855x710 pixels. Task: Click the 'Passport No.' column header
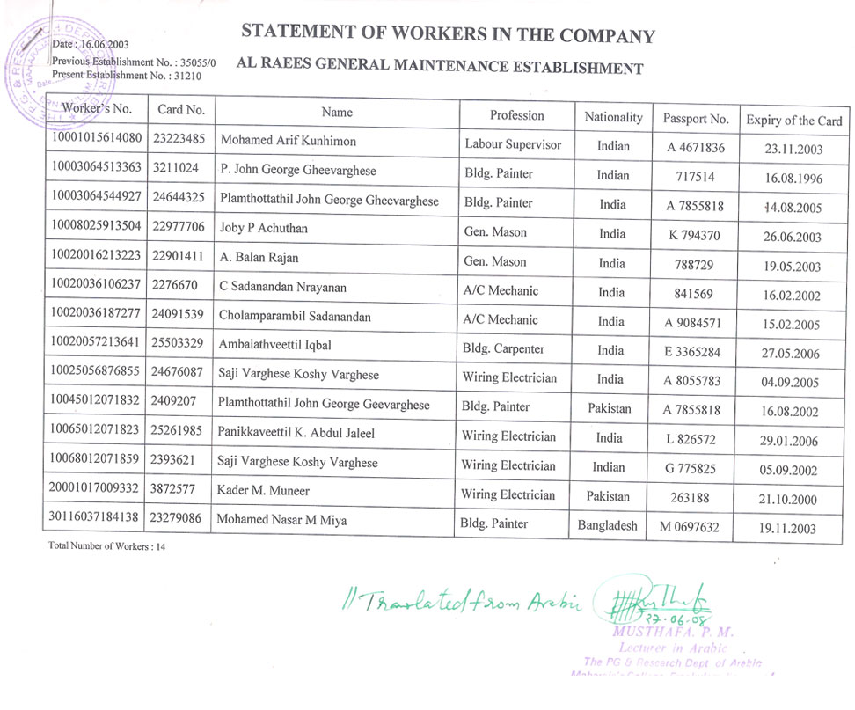click(x=696, y=119)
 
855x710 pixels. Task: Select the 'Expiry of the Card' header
click(x=793, y=121)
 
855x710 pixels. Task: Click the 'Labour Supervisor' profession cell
click(x=512, y=144)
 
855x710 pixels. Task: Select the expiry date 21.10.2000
click(x=788, y=500)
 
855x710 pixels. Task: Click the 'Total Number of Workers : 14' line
click(x=107, y=546)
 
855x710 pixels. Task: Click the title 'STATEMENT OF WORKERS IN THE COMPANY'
click(x=448, y=34)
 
